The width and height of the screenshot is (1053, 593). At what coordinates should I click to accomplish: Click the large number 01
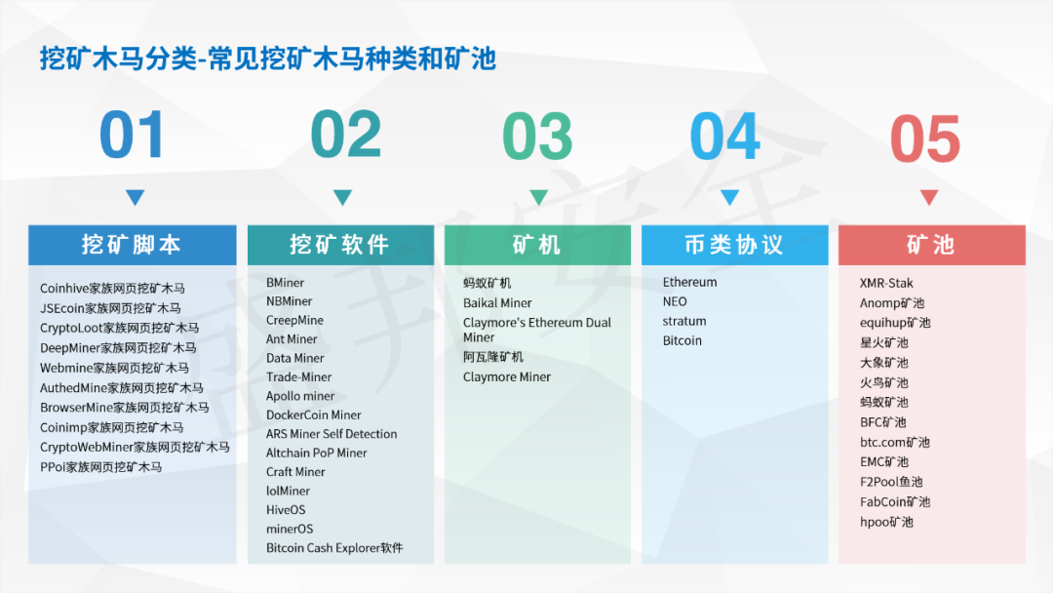coord(133,137)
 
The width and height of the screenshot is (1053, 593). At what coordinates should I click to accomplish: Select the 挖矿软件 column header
coord(340,245)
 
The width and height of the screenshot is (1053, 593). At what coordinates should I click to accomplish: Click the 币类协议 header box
coord(733,245)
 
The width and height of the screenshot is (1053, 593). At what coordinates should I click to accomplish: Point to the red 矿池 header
coord(931,245)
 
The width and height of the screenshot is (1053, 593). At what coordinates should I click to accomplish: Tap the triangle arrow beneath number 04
coord(729,197)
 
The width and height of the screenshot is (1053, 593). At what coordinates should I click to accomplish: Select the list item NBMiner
coord(290,301)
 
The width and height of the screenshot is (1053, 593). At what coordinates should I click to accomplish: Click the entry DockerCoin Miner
coord(314,415)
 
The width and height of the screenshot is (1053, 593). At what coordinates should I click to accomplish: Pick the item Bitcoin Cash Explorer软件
coord(334,548)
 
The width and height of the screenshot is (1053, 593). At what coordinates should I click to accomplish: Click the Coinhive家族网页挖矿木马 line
coord(112,289)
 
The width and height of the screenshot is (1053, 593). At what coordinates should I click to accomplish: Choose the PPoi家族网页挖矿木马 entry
coord(101,467)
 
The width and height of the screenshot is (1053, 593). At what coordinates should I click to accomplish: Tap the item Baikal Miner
coord(497,302)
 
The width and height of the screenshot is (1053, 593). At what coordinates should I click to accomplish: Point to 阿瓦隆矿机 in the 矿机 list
coord(493,357)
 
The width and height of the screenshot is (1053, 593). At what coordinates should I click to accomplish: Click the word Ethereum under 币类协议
coord(689,282)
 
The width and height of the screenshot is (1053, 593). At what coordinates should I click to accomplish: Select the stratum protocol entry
coord(684,321)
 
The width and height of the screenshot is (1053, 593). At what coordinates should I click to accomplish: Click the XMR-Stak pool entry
coord(886,283)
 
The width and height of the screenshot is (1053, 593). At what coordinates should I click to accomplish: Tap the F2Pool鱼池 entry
coord(891,482)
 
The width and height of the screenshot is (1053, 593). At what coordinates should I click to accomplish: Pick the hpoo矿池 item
coord(886,522)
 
